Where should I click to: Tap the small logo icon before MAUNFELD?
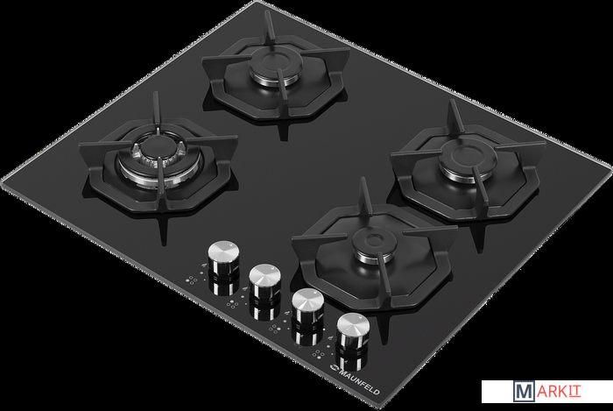click(x=334, y=366)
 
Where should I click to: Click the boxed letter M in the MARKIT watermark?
click(x=524, y=392)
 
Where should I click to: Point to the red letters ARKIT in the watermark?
click(x=559, y=392)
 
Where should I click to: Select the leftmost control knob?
click(x=223, y=257)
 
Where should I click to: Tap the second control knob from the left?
click(x=265, y=280)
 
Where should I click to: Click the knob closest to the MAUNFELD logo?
click(x=353, y=330)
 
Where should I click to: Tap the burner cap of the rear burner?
click(x=277, y=62)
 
